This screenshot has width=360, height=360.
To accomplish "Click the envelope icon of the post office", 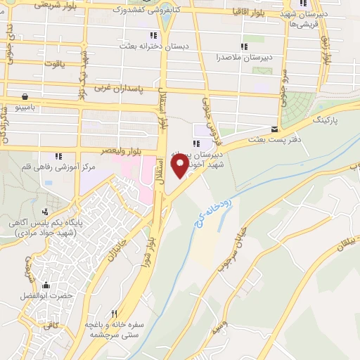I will pyautogui.click(x=274, y=129).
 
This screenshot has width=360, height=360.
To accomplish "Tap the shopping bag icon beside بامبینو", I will pyautogui.click(x=25, y=96).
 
